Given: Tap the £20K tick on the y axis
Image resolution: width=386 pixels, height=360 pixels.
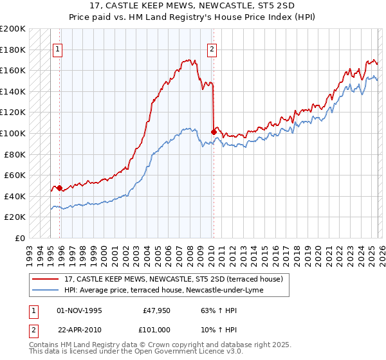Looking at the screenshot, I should click(15, 217).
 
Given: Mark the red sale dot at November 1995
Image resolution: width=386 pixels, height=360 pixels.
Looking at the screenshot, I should click(59, 188).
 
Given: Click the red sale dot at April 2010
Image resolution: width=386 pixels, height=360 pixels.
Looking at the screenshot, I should click(213, 132).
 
